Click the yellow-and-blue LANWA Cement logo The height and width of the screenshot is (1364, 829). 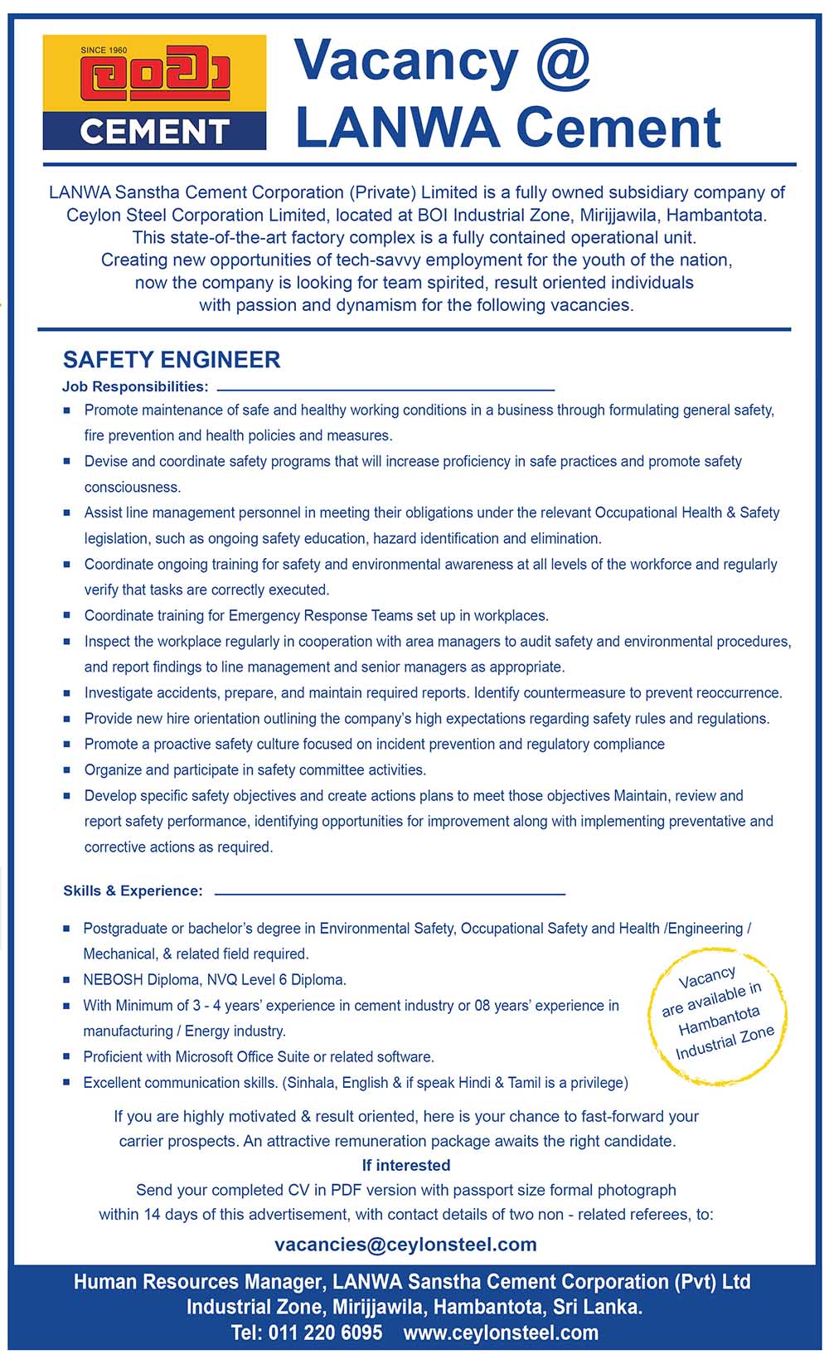[x=154, y=92]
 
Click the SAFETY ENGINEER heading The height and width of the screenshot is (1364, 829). [x=172, y=360]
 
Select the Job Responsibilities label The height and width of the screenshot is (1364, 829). [x=135, y=386]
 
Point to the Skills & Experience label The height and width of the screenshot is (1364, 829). [x=133, y=891]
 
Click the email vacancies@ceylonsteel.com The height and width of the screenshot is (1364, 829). [x=405, y=1245]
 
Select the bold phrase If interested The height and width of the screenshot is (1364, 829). [x=406, y=1165]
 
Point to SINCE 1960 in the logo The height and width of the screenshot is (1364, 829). [x=104, y=51]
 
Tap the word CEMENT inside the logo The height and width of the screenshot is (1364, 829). [x=154, y=132]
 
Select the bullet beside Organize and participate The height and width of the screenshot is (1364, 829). [x=67, y=770]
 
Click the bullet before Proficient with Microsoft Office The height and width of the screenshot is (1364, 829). [x=66, y=1057]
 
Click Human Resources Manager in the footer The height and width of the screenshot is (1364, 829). [x=197, y=1283]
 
